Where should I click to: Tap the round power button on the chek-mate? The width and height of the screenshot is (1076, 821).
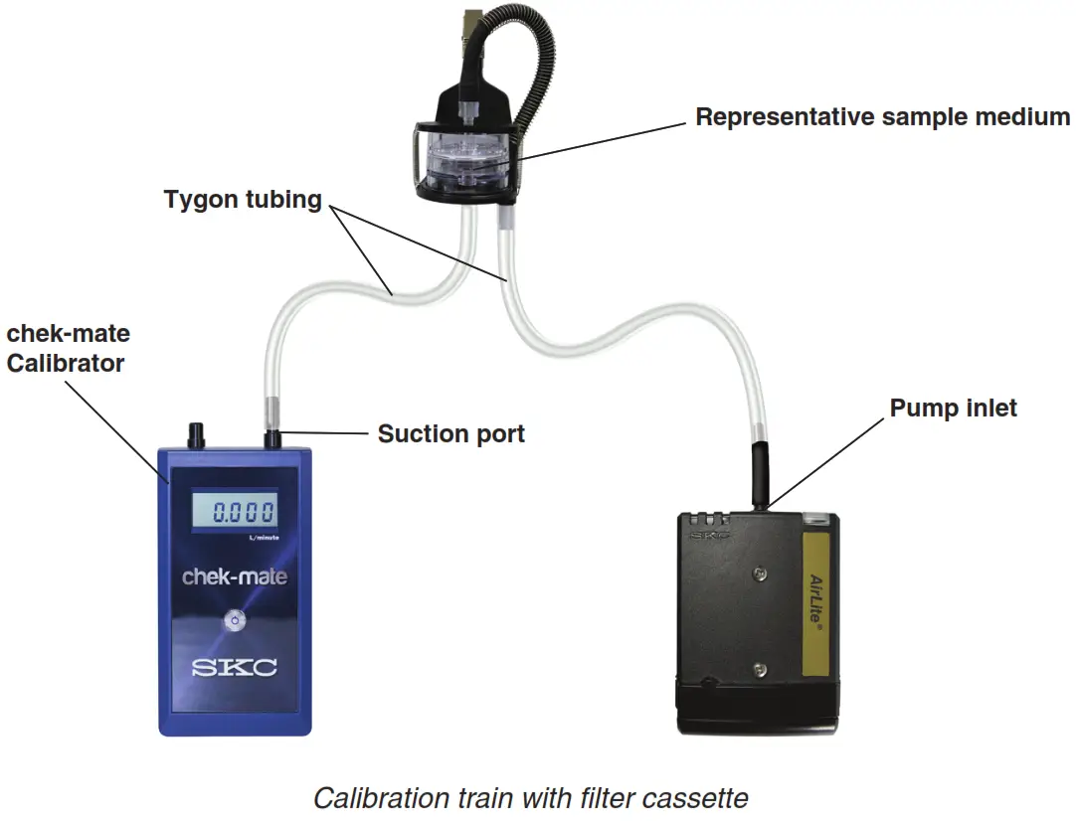[x=234, y=620]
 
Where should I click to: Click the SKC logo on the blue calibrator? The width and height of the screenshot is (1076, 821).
[x=235, y=667]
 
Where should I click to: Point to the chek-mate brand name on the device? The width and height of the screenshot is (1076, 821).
[x=235, y=575]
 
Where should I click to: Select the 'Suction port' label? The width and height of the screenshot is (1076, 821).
[x=450, y=434]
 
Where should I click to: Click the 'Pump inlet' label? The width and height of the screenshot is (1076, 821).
[x=953, y=409]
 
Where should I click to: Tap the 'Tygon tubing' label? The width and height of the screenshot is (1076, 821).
[x=243, y=200]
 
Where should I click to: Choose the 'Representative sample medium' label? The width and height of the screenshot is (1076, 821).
[x=882, y=117]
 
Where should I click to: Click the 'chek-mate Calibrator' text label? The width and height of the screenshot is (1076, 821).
[x=68, y=349]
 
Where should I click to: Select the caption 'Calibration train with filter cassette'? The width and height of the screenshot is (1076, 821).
[x=530, y=797]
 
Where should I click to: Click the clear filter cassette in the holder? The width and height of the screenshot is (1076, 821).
[x=464, y=160]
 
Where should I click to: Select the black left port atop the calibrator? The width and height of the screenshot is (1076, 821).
[x=195, y=434]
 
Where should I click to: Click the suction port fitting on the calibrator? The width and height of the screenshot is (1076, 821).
[x=271, y=437]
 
